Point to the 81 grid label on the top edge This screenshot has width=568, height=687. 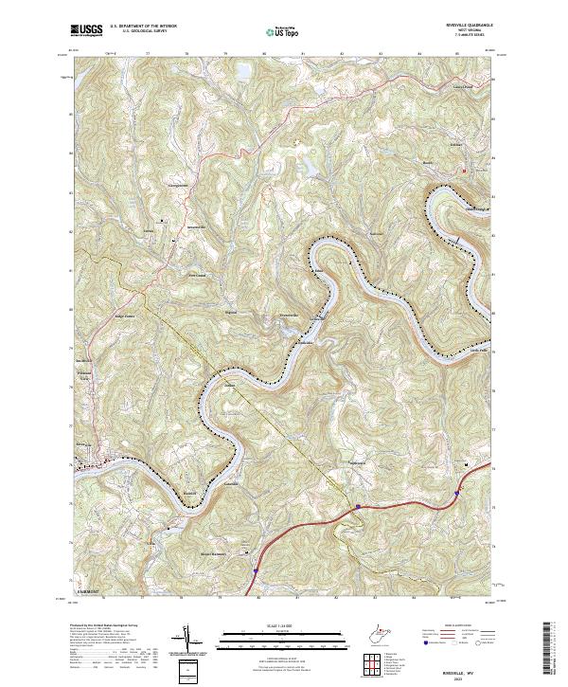tap(303, 54)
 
